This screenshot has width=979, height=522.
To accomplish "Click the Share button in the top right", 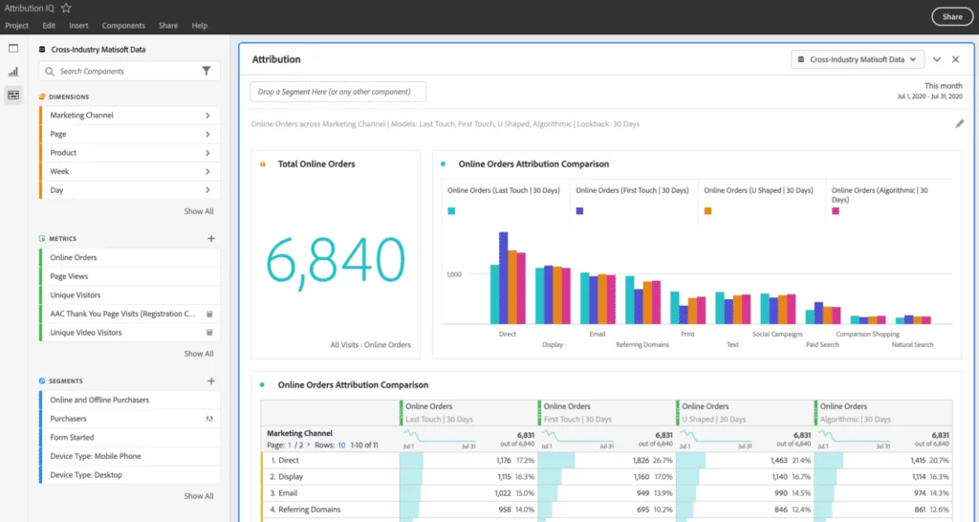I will click(x=951, y=16).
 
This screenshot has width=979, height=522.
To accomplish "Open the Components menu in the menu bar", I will click(x=123, y=26).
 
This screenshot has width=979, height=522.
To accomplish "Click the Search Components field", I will click(x=124, y=71).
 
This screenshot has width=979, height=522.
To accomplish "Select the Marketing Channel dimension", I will click(x=82, y=116).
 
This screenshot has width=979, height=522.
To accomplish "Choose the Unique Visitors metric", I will click(x=76, y=295).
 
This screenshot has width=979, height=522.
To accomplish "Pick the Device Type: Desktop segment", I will click(x=86, y=475).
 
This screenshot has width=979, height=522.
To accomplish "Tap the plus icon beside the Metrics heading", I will click(x=211, y=239).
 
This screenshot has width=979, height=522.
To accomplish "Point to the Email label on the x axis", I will click(x=598, y=334).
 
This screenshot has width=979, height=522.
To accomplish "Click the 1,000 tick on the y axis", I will click(x=453, y=274).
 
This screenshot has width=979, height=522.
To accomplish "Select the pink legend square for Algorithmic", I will click(x=836, y=211).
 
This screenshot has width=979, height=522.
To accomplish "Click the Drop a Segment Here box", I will click(x=338, y=92).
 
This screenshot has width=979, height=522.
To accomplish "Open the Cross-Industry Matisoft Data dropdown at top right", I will click(x=858, y=59).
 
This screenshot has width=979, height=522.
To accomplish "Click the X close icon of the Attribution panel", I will click(x=955, y=59).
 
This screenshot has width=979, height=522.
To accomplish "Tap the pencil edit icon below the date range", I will click(x=959, y=123).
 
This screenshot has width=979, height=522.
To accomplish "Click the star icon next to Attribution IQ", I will click(x=66, y=8).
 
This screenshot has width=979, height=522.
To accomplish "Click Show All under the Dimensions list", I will click(x=199, y=211).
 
